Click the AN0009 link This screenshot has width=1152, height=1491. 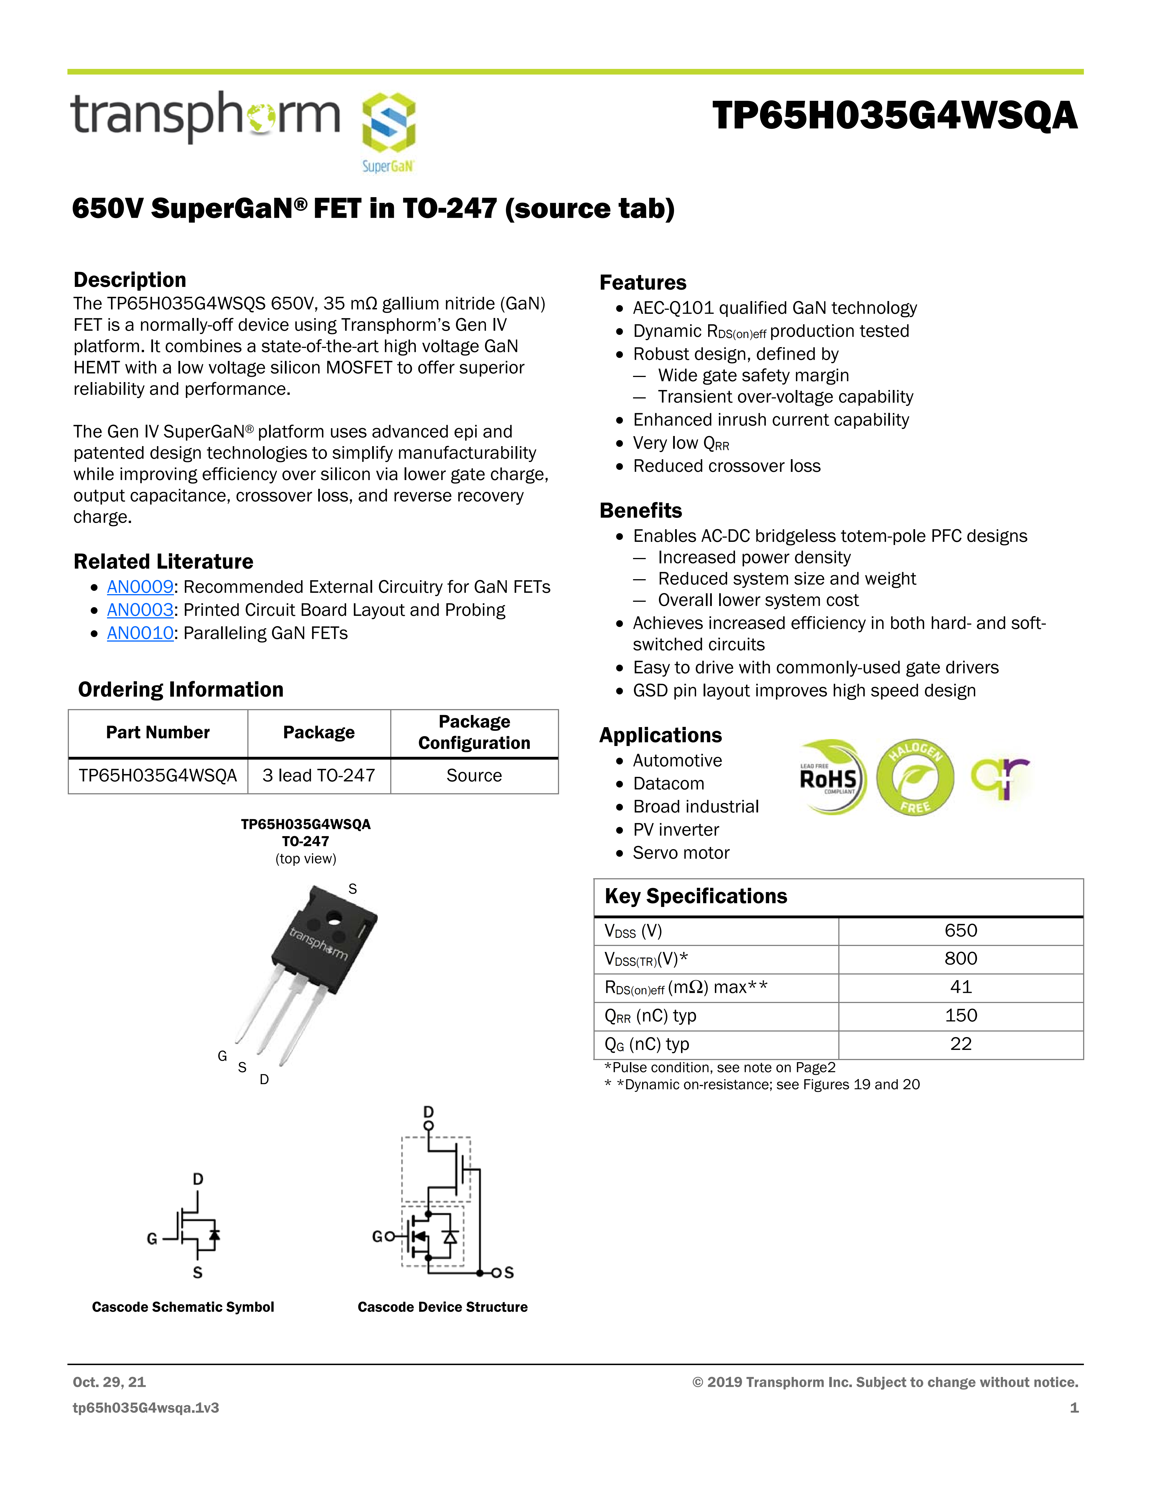140,587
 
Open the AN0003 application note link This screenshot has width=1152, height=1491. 140,610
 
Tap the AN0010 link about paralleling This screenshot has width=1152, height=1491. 140,634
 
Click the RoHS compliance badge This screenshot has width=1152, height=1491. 831,778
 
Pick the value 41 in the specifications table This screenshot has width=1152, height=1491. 960,987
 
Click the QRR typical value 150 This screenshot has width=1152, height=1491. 960,1016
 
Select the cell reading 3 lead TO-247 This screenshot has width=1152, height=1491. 319,775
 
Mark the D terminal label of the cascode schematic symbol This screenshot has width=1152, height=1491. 198,1179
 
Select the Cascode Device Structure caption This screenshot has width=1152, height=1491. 442,1307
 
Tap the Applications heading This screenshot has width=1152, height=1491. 660,735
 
